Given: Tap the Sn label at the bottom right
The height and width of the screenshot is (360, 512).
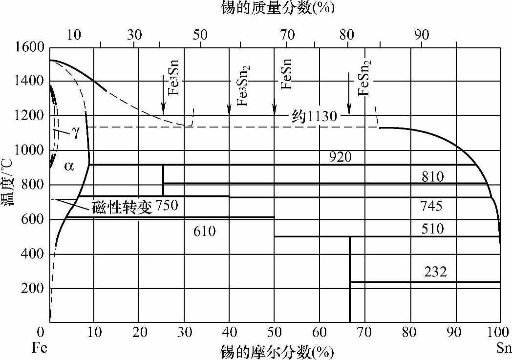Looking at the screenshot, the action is [504, 348].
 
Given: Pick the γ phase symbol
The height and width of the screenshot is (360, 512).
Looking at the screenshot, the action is [76, 133].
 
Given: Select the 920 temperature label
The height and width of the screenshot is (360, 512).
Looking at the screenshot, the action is [340, 157].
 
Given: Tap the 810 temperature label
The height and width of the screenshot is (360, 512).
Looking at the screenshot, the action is [432, 176].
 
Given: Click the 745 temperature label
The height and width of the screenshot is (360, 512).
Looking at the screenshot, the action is [431, 206].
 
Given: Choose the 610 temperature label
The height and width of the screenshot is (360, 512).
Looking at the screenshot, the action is [204, 231].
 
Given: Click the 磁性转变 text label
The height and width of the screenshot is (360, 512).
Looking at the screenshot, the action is [122, 207].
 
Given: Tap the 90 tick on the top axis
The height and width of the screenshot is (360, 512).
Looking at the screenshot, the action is [422, 35].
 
